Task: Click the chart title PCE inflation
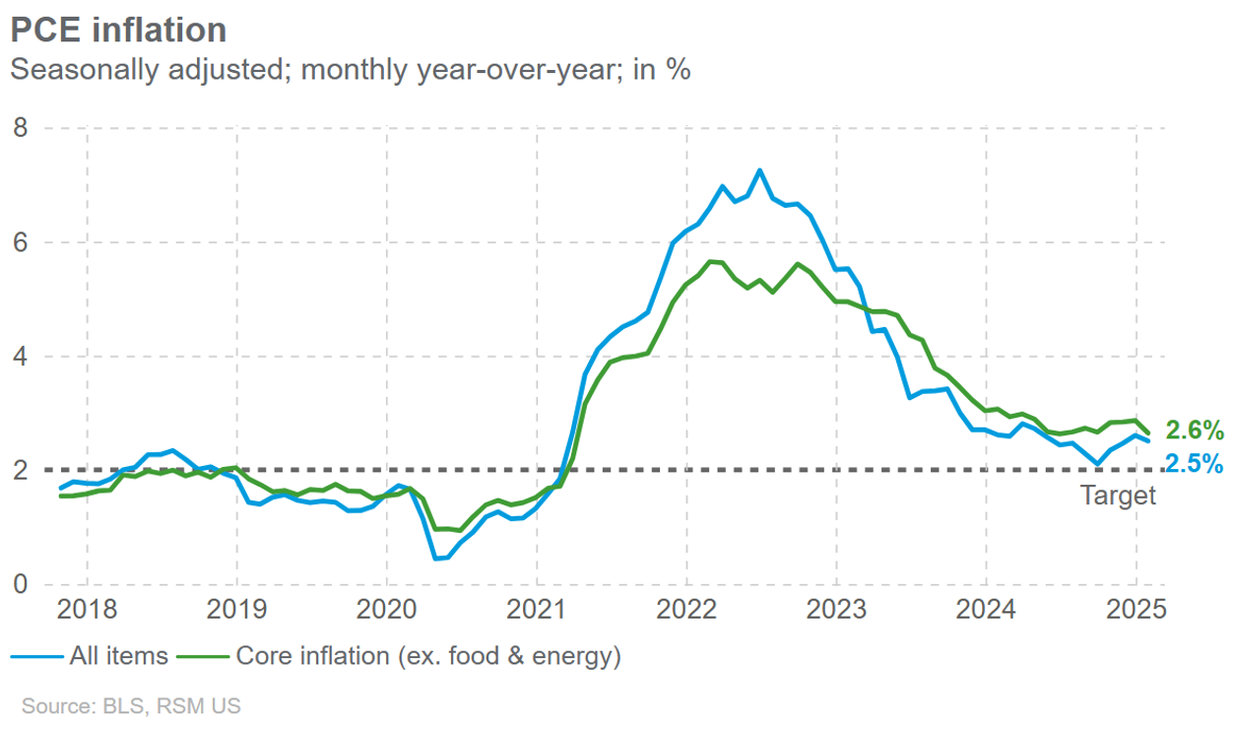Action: [118, 30]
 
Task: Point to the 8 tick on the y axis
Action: [20, 128]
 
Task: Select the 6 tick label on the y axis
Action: [20, 242]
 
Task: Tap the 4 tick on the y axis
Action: [20, 357]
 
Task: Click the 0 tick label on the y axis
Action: [20, 584]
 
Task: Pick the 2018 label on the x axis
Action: [87, 609]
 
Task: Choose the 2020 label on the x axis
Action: [386, 609]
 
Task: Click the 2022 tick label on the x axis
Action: [686, 609]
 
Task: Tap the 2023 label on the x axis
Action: [836, 609]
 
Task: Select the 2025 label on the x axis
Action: [1136, 609]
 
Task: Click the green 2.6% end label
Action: [1194, 431]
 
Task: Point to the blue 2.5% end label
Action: [1194, 463]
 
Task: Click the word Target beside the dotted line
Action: [1118, 496]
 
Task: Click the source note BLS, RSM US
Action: [131, 706]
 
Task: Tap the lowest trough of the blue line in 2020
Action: [435, 559]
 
